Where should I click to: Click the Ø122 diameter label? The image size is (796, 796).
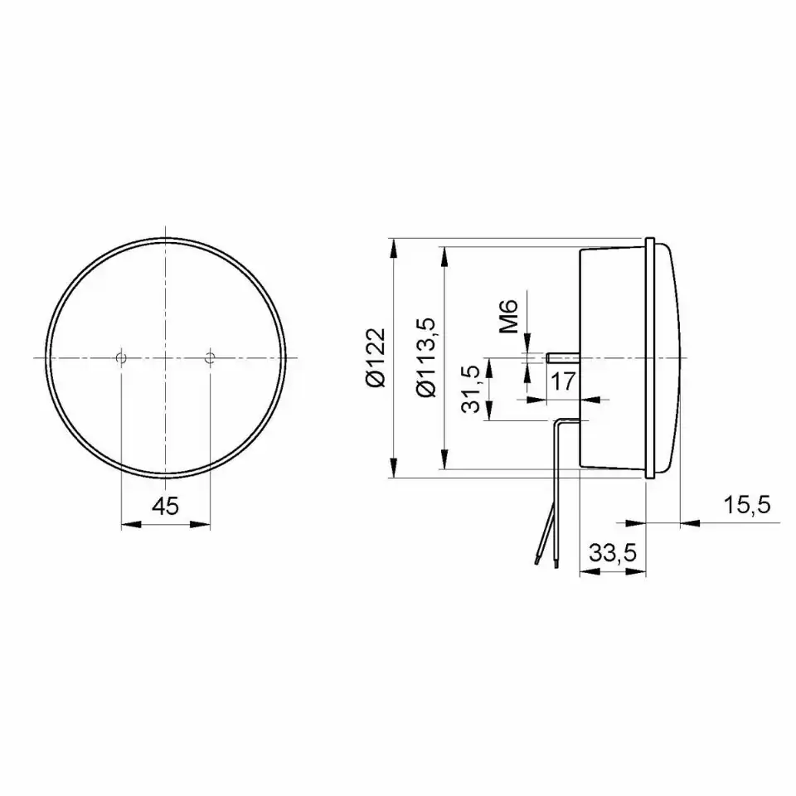376,357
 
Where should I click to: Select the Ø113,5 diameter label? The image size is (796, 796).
426,357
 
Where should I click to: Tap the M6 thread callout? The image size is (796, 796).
508,316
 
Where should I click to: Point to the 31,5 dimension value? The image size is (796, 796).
472,389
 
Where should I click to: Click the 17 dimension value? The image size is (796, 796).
562,381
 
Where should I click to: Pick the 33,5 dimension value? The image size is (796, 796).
613,553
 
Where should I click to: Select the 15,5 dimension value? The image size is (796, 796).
747,505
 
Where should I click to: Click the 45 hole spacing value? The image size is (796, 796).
166,506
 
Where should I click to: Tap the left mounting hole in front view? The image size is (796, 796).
121,358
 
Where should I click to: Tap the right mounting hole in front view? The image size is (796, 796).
210,358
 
